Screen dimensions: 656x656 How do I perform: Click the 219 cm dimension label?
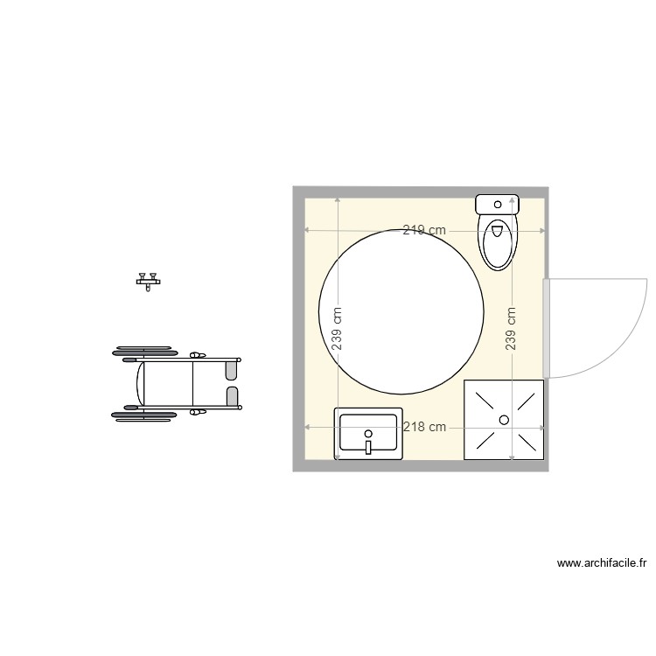pyautogui.click(x=424, y=230)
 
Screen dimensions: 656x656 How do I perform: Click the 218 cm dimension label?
pyautogui.click(x=424, y=427)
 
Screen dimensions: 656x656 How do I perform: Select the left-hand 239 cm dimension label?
pyautogui.click(x=337, y=329)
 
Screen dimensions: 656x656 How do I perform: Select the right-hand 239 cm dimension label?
pyautogui.click(x=511, y=329)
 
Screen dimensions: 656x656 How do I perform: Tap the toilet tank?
pyautogui.click(x=497, y=204)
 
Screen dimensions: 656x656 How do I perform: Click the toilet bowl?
pyautogui.click(x=497, y=241)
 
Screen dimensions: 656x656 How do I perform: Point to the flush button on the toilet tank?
pyautogui.click(x=498, y=205)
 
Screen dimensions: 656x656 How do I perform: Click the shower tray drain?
pyautogui.click(x=504, y=420)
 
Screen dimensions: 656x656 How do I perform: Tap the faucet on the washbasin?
pyautogui.click(x=368, y=446)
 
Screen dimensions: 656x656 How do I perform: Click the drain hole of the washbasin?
pyautogui.click(x=368, y=434)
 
